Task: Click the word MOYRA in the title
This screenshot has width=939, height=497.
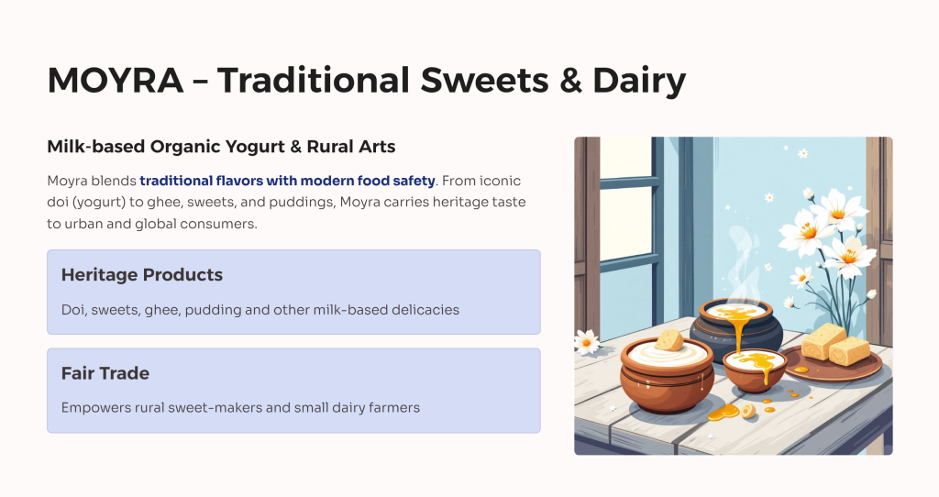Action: coord(115,81)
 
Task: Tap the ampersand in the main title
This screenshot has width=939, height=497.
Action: coord(570,81)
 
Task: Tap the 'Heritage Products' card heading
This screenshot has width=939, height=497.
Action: coord(142,275)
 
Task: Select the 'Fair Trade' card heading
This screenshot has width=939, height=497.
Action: coord(105,373)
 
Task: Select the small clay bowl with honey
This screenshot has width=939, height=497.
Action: coord(755,370)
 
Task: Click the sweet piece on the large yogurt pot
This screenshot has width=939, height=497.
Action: coord(669,340)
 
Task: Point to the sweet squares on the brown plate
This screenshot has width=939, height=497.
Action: coord(835,344)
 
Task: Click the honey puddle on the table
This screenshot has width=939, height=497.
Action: coord(724,413)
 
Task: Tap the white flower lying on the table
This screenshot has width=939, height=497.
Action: coord(586,342)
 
